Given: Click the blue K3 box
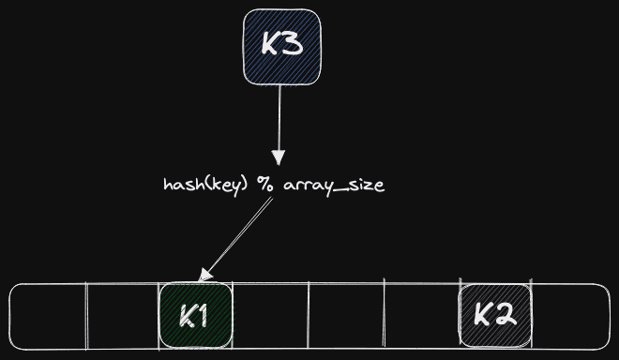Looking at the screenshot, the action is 282,47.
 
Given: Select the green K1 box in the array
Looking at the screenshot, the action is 195,315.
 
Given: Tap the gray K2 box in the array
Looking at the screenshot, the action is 495,315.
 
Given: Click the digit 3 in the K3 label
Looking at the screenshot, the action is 292,43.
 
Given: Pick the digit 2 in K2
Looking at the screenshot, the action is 506,314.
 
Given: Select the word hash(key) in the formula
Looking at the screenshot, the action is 205,185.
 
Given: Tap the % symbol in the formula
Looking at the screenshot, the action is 264,185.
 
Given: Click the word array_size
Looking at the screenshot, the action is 334,186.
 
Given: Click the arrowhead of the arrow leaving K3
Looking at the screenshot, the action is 279,157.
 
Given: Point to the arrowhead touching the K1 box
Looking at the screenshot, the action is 205,275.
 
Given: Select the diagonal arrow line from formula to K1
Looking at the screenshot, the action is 238,237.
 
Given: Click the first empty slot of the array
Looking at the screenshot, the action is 48,316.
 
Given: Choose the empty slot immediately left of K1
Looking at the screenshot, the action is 123,316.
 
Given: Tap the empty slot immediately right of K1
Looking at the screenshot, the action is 270,316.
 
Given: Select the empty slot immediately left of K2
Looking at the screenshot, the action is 422,315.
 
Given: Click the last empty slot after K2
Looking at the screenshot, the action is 571,316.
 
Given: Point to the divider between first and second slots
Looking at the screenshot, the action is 87,316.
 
